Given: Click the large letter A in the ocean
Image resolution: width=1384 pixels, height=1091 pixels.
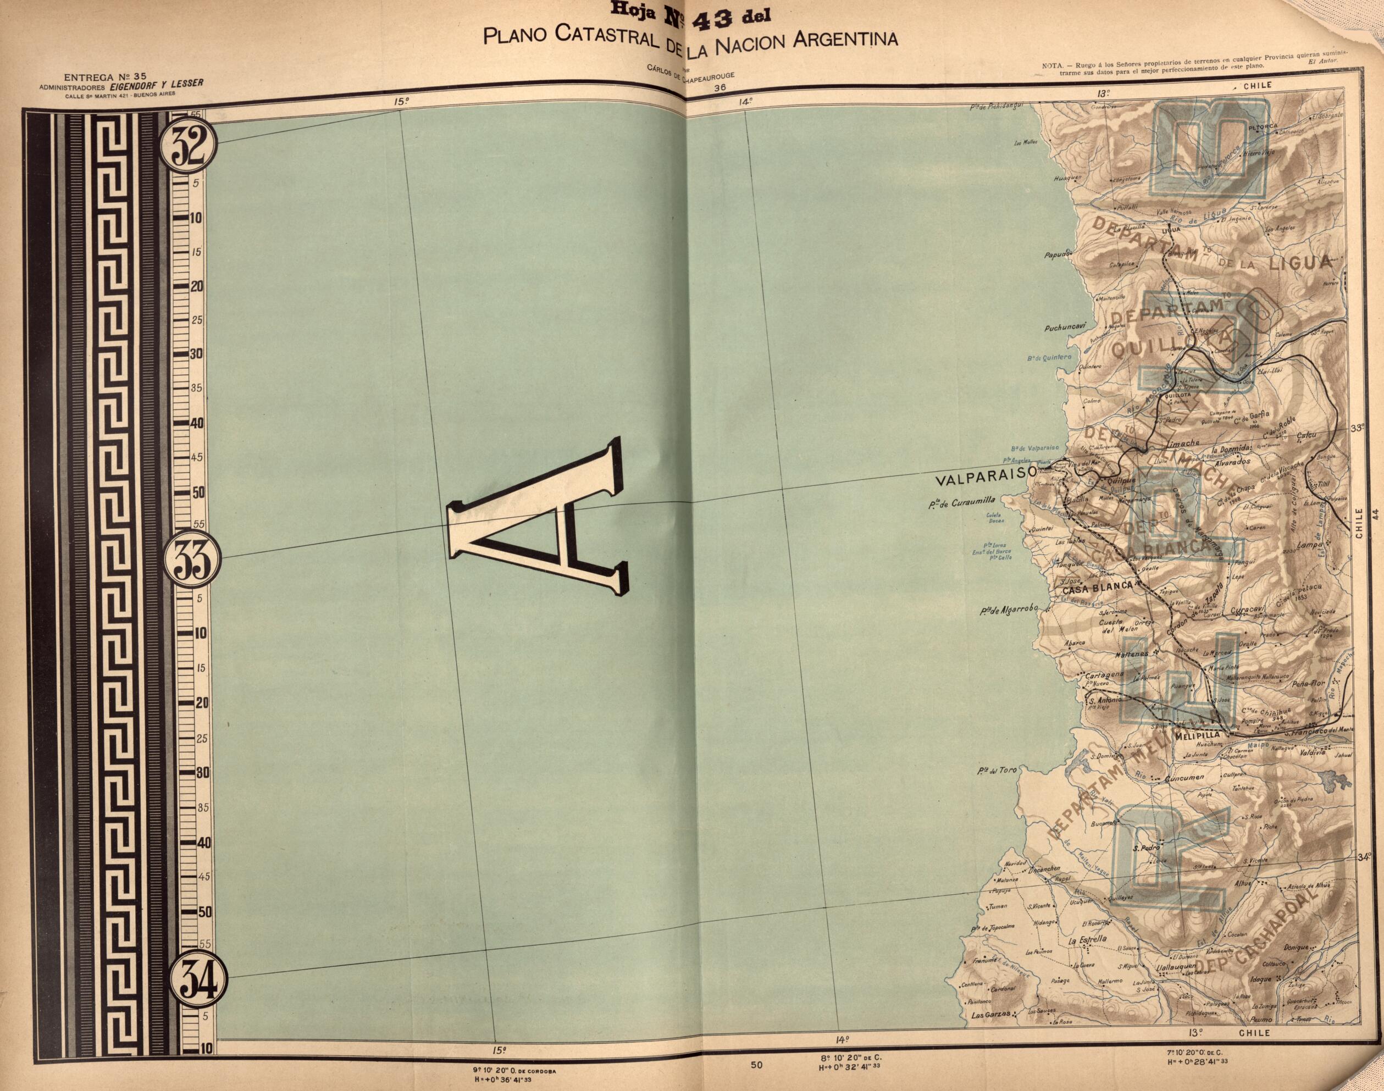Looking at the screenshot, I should coord(536,517).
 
